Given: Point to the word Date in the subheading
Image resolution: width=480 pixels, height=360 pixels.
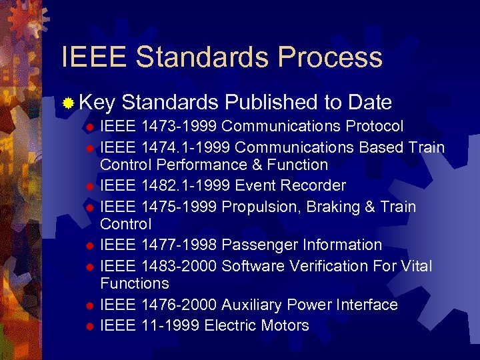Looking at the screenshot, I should point(369,103).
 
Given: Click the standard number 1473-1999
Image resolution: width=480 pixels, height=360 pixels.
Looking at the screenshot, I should point(179,127).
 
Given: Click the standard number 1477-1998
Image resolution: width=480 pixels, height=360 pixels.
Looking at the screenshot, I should point(179,245).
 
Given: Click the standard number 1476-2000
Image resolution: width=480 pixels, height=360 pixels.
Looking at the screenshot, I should point(179,305).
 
